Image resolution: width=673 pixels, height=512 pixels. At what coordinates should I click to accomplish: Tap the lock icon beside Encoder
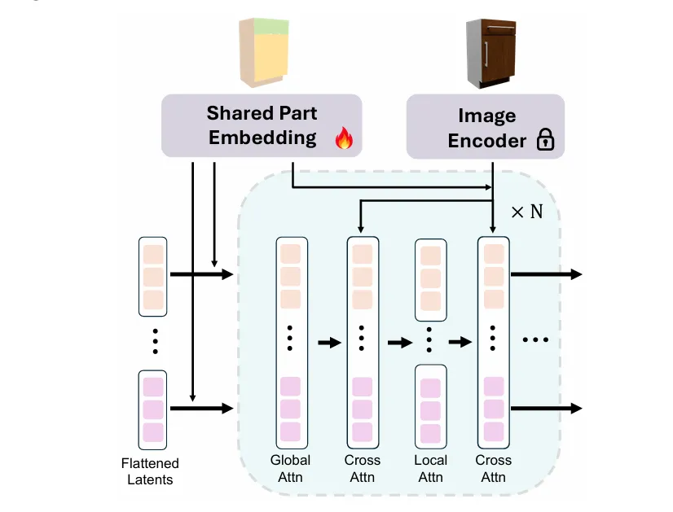(x=545, y=142)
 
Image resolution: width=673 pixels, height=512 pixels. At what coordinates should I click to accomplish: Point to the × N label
(x=526, y=212)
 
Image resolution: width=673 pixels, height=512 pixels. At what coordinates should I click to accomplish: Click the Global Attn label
(x=291, y=468)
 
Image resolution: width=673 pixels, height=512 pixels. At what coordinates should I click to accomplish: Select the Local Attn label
(x=430, y=468)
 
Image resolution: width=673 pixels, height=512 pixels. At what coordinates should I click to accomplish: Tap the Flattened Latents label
(x=151, y=471)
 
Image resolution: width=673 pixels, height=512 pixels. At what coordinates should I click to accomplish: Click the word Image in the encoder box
(x=487, y=116)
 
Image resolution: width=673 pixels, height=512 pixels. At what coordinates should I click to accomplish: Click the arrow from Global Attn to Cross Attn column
(x=328, y=343)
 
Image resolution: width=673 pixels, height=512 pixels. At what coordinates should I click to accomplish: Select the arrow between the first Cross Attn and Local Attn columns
(x=399, y=343)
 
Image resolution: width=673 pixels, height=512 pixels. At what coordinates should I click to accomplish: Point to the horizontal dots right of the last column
(x=535, y=339)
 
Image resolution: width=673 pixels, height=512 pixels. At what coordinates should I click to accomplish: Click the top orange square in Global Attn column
(x=291, y=255)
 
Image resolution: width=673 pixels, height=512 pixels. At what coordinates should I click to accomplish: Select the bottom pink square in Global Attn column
(x=291, y=431)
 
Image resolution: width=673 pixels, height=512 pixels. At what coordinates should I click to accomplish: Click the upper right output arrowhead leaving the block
(x=577, y=274)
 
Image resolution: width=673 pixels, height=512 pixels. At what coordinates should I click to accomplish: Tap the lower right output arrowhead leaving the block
(x=577, y=407)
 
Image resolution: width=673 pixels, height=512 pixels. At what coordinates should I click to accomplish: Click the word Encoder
(x=487, y=141)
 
